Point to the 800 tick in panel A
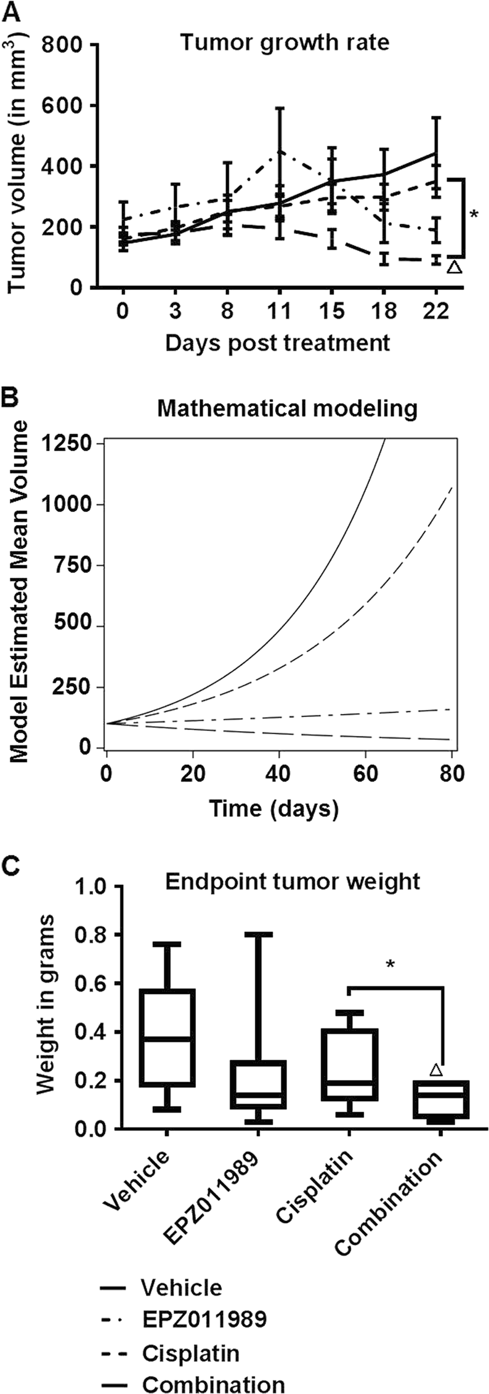click(65, 46)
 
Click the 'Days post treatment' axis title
click(277, 342)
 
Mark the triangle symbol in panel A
click(454, 267)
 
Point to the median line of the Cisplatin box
click(349, 1083)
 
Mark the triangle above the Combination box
click(435, 1070)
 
